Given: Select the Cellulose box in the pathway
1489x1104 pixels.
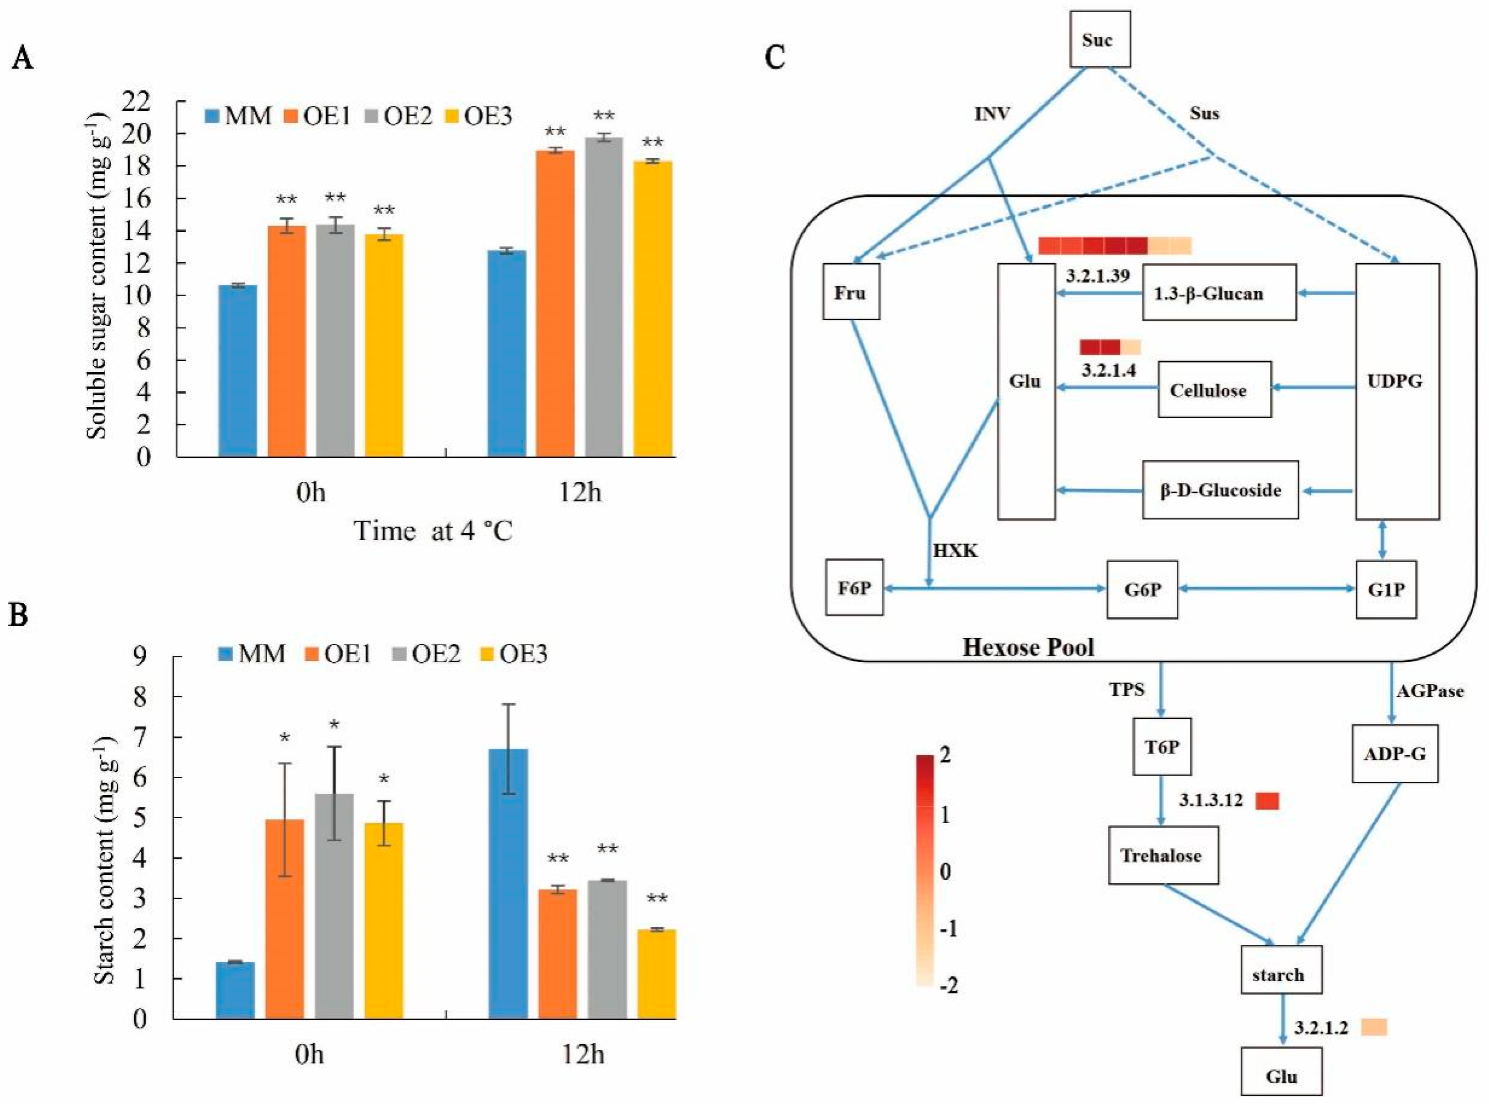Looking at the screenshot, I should tap(1214, 390).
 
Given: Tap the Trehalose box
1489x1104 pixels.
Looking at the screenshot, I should tap(1162, 855).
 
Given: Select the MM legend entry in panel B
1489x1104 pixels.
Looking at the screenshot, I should tap(253, 653).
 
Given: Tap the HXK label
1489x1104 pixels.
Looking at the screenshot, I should tap(955, 550).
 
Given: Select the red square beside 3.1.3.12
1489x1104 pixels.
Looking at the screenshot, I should tap(1267, 800).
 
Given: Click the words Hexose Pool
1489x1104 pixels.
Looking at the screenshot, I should tap(1028, 647).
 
